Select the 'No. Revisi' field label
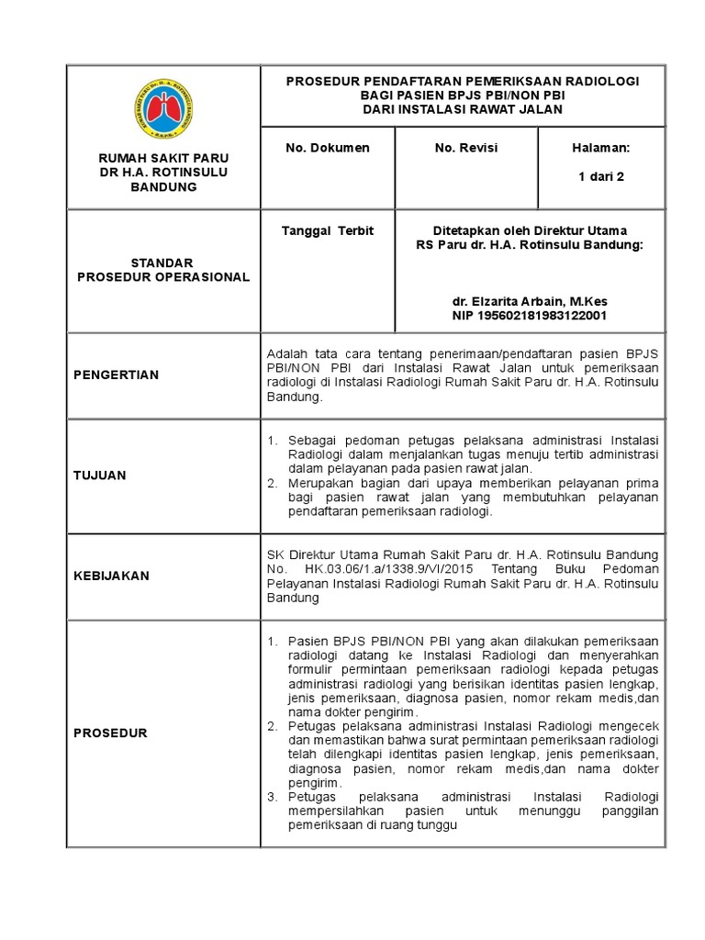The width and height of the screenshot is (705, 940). [x=464, y=147]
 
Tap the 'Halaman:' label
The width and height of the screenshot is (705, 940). [x=600, y=147]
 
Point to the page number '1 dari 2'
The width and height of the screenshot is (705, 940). [x=600, y=177]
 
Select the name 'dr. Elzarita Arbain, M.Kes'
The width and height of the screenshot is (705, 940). [x=530, y=301]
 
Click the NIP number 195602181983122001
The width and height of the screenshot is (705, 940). [x=530, y=316]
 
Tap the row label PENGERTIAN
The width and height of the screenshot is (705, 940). [x=117, y=375]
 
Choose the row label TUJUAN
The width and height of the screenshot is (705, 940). [x=100, y=476]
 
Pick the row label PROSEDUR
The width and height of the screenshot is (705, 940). [x=111, y=733]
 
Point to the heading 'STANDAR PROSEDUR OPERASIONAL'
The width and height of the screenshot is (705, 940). [x=163, y=270]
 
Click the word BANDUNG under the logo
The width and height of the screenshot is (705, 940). [x=163, y=186]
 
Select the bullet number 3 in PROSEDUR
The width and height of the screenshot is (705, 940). [x=272, y=797]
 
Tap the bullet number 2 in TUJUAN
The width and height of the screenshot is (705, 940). [x=272, y=483]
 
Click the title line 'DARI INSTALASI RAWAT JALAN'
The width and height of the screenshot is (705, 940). [x=462, y=109]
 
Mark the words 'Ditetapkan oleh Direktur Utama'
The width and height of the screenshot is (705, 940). [x=530, y=230]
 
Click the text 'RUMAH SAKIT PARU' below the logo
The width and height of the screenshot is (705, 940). [x=163, y=158]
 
